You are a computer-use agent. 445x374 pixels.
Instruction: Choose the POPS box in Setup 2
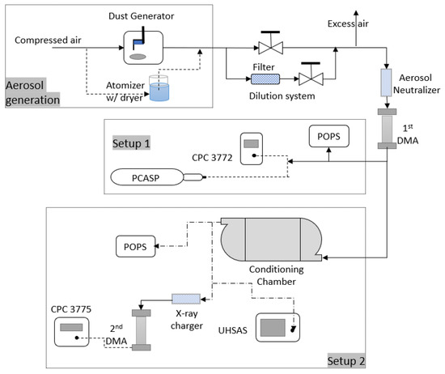point(133,246)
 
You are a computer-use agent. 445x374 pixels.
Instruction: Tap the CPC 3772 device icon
point(252,150)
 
